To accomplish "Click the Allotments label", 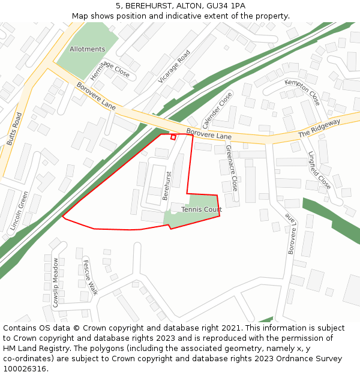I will (87, 49).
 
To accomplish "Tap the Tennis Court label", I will (202, 209).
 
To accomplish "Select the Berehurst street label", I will (167, 186).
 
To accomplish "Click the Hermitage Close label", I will (110, 71).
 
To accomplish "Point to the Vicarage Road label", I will (174, 66).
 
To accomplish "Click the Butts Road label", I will (13, 128).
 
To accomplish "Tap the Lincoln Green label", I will (19, 211).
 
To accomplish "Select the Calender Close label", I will (217, 110).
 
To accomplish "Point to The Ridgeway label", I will (319, 128).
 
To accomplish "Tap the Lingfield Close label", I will (319, 170).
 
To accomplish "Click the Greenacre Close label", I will (232, 167).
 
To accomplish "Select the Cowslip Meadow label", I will (56, 283).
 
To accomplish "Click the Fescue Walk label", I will (90, 278).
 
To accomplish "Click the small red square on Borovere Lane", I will (173, 137).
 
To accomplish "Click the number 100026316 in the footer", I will (24, 368).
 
